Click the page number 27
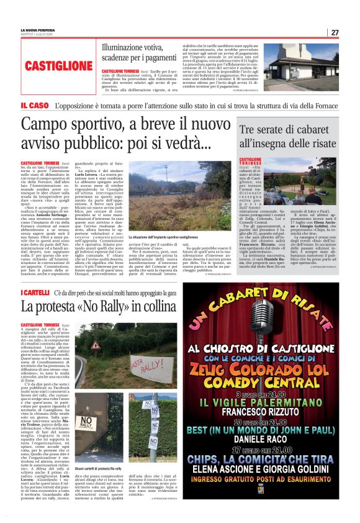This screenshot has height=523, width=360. (335, 32)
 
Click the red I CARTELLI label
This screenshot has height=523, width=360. (37, 292)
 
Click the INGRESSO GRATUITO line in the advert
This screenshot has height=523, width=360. (272, 496)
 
